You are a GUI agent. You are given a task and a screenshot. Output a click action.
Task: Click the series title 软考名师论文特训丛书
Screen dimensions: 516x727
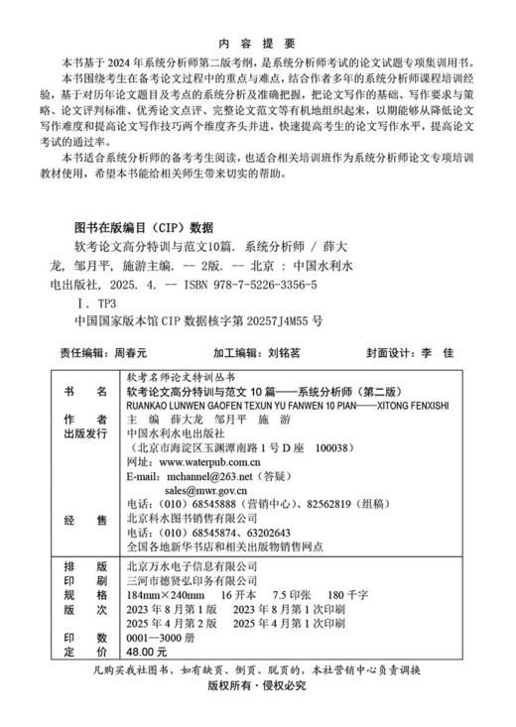[x=179, y=377]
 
